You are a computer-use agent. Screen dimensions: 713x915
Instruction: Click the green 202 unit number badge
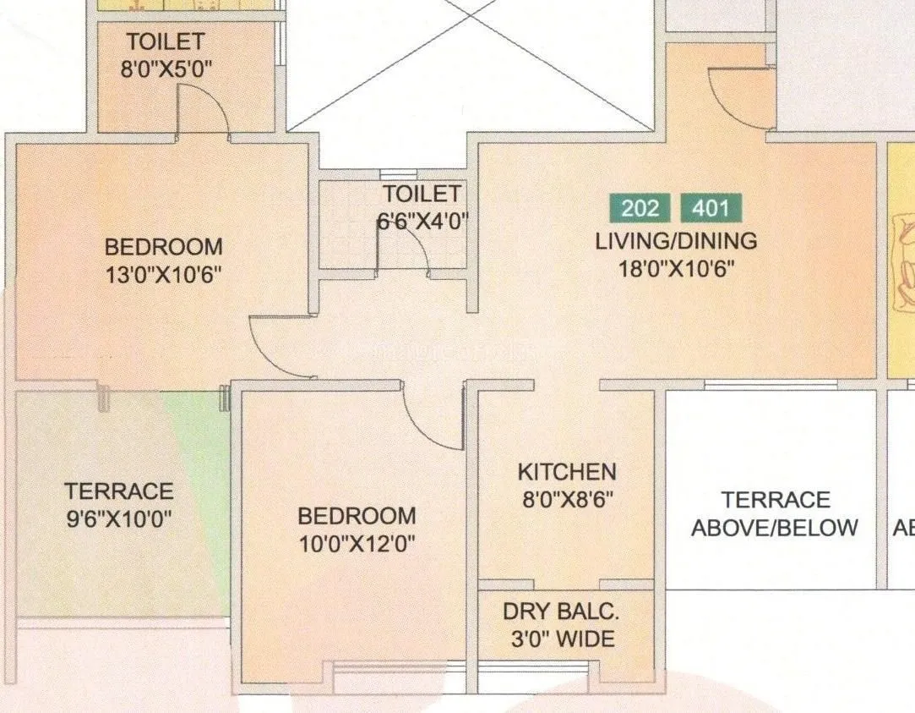click(640, 208)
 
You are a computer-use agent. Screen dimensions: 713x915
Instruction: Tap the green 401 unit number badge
click(711, 208)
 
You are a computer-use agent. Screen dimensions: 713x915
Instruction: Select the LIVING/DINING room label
click(676, 241)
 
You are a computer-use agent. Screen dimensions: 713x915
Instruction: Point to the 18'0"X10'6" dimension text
click(676, 269)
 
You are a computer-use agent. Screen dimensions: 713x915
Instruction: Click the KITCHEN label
click(566, 472)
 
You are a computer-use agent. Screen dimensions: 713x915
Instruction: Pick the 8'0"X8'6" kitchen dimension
click(566, 499)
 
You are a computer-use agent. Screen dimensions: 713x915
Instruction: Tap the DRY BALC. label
click(561, 612)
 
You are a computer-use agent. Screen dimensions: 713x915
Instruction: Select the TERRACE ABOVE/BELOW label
click(775, 513)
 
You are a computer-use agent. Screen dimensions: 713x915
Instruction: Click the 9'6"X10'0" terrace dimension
click(119, 518)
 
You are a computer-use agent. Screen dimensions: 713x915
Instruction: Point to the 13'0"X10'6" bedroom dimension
click(164, 275)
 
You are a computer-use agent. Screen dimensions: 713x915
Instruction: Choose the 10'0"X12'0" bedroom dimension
click(357, 543)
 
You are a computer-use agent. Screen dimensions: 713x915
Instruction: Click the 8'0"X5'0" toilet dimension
click(166, 69)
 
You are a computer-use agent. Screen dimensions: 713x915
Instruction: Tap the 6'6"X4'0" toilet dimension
click(422, 222)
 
